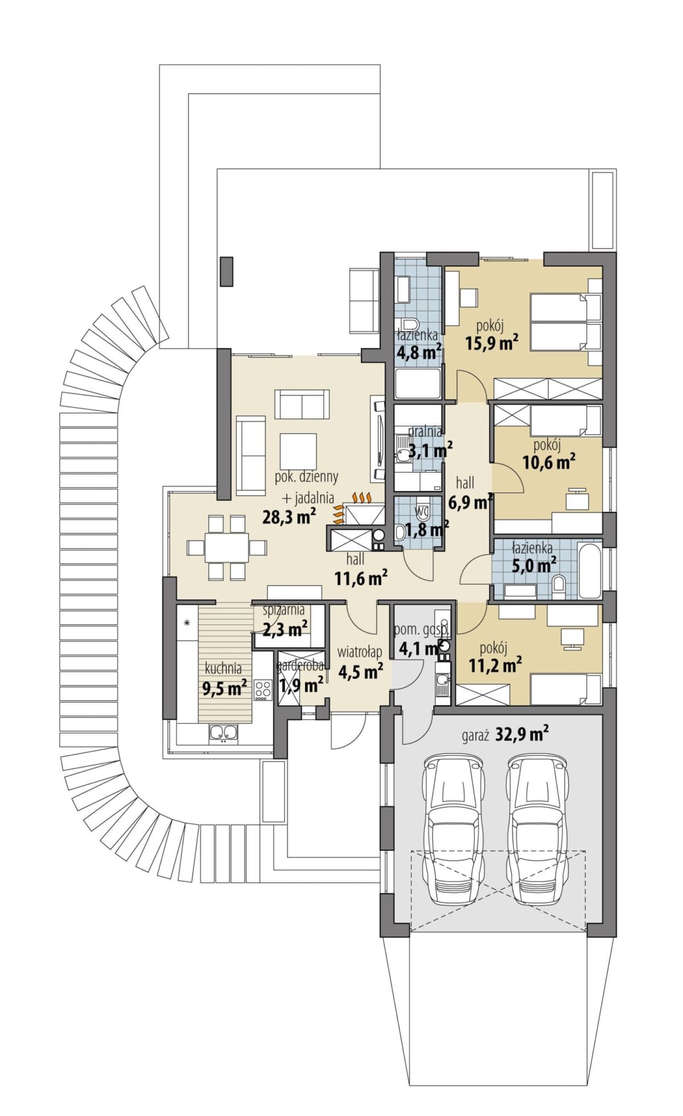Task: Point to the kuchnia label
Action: pyautogui.click(x=224, y=668)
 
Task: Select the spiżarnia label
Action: pyautogui.click(x=283, y=610)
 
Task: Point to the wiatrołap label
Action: pyautogui.click(x=359, y=651)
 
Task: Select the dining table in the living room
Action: pyautogui.click(x=227, y=547)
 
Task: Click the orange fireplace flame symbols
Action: pyautogui.click(x=351, y=507)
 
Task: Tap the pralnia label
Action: pyautogui.click(x=425, y=432)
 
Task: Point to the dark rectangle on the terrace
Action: pyautogui.click(x=227, y=272)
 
